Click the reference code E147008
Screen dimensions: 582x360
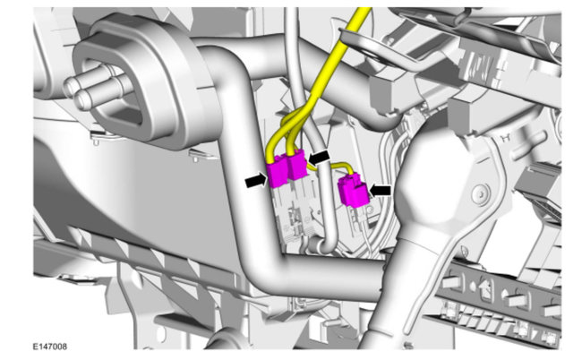[x=50, y=347]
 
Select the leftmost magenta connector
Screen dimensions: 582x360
[x=278, y=171]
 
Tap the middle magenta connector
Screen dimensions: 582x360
[x=297, y=165]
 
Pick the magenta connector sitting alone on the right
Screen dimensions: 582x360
[x=354, y=191]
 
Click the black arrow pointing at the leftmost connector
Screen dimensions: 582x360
[x=256, y=181]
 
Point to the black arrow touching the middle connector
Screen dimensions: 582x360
[x=319, y=158]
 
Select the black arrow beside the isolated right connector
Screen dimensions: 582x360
[x=380, y=190]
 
